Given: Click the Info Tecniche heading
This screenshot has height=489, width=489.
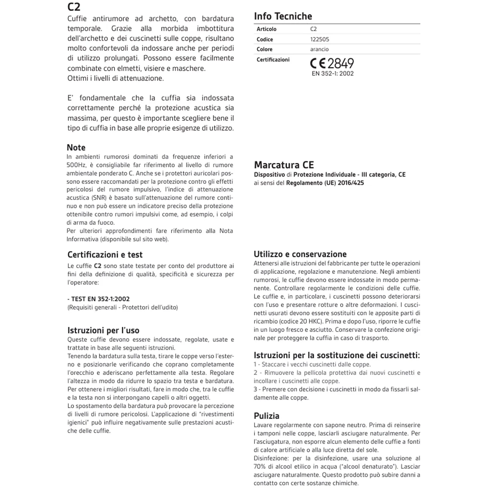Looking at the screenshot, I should pyautogui.click(x=283, y=16).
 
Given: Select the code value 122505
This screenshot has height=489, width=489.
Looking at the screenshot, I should pyautogui.click(x=319, y=39).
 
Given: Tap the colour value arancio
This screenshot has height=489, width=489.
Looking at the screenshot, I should pyautogui.click(x=319, y=49).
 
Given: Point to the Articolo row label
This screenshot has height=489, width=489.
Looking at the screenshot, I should pyautogui.click(x=266, y=29).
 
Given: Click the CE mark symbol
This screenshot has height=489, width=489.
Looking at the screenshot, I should pyautogui.click(x=318, y=63).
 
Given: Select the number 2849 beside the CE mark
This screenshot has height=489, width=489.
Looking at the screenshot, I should pyautogui.click(x=340, y=63).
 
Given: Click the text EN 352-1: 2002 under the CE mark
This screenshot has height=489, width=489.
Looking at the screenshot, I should pyautogui.click(x=333, y=74).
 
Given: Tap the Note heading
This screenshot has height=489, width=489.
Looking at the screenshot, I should pyautogui.click(x=76, y=148).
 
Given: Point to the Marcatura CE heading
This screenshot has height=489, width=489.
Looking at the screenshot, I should pyautogui.click(x=284, y=165).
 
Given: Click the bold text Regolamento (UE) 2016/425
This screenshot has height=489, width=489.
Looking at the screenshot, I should pyautogui.click(x=325, y=183).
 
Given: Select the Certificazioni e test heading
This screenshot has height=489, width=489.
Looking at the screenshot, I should pyautogui.click(x=105, y=255).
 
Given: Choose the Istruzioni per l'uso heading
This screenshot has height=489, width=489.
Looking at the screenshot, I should pyautogui.click(x=103, y=330).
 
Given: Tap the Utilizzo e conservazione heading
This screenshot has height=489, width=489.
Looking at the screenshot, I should pyautogui.click(x=300, y=254).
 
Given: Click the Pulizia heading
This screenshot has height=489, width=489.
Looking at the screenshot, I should pyautogui.click(x=266, y=416).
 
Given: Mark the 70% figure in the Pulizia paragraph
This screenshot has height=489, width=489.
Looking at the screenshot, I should pyautogui.click(x=260, y=467).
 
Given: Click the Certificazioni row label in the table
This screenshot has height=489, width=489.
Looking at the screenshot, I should pyautogui.click(x=273, y=60).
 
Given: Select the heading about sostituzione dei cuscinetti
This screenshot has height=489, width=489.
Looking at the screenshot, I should pyautogui.click(x=336, y=355).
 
